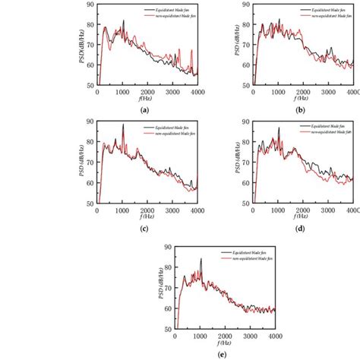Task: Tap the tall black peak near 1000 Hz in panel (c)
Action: pyautogui.click(x=123, y=125)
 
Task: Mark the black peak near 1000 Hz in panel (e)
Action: pyautogui.click(x=201, y=260)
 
